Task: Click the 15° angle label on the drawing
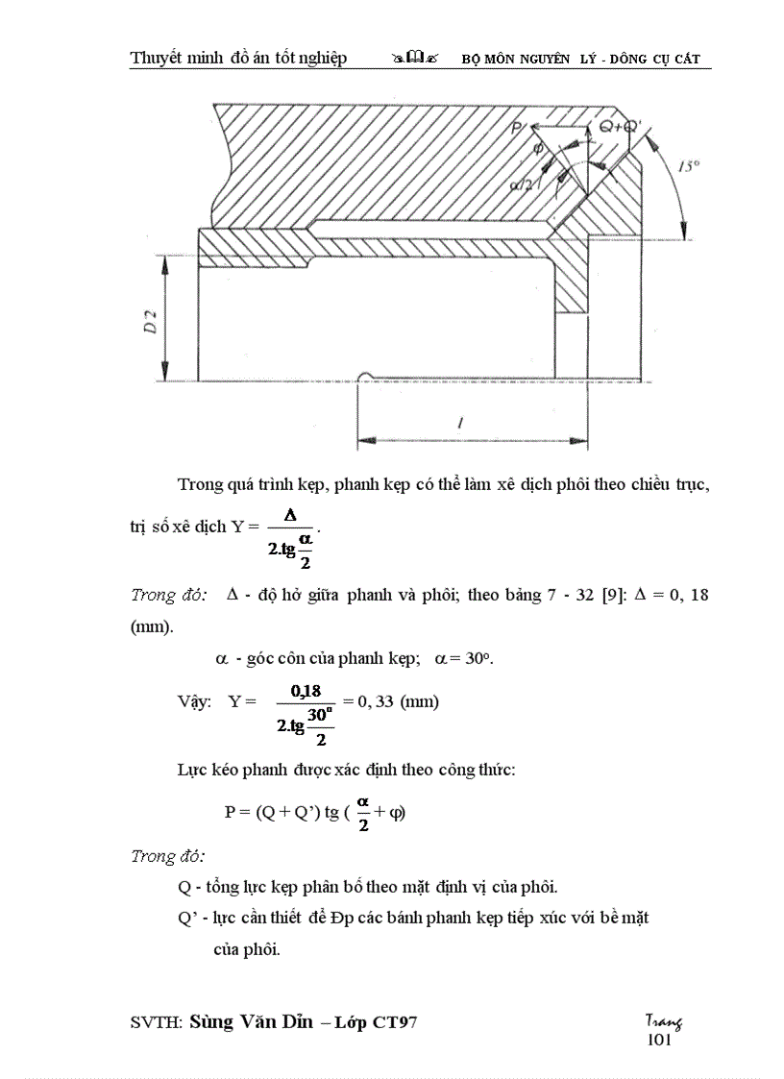[x=690, y=166]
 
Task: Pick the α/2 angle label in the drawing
[x=524, y=183]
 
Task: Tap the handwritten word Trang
[x=663, y=1022]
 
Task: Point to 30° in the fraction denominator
[x=320, y=715]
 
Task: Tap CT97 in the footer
[x=394, y=1023]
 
